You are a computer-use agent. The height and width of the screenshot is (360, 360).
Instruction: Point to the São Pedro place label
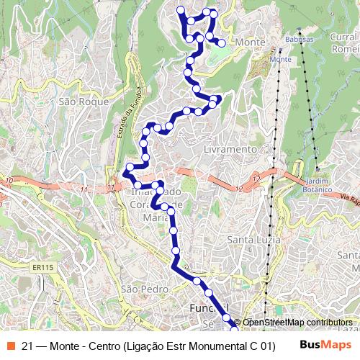(x=139, y=289)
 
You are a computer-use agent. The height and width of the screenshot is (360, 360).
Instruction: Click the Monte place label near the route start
(x=250, y=43)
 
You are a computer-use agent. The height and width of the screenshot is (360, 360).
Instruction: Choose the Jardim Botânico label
(x=318, y=184)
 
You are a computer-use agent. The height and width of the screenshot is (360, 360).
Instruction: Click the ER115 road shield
(x=42, y=267)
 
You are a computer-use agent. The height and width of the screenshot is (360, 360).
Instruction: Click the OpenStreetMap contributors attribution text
(x=297, y=322)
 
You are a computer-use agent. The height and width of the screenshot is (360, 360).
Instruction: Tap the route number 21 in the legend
(x=27, y=345)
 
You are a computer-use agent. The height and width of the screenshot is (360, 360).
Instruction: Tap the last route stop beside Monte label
(x=222, y=44)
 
